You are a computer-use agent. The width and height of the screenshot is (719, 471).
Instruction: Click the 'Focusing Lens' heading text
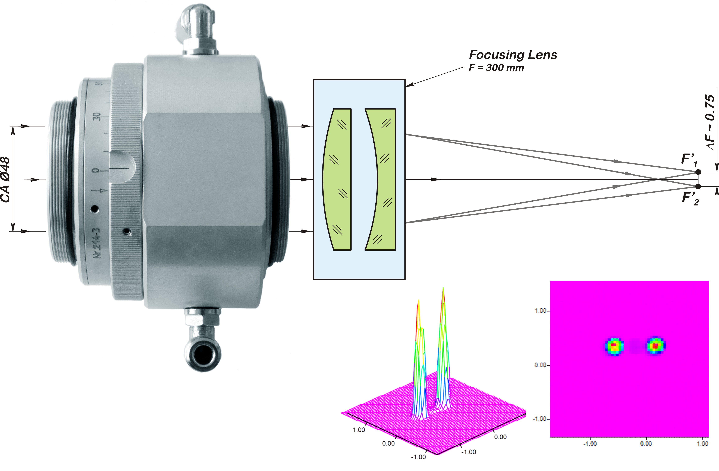click(513, 55)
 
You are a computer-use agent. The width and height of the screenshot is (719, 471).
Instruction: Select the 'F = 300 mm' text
click(496, 68)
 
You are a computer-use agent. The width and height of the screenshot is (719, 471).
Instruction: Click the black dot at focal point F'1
click(698, 172)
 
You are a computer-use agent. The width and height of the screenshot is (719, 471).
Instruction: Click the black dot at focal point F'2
click(698, 186)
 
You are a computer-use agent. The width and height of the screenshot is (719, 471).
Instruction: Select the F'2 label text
click(690, 198)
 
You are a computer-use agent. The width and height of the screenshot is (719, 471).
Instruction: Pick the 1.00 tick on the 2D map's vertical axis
click(541, 311)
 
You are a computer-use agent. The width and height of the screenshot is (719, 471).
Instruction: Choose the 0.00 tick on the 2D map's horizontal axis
click(646, 444)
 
